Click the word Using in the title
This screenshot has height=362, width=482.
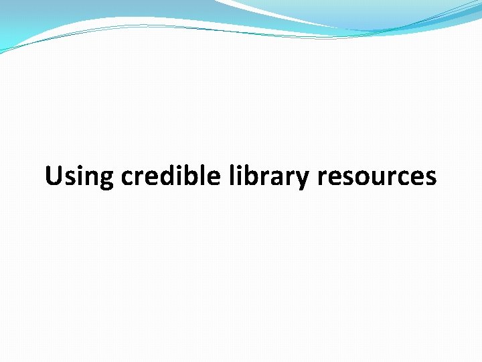(80, 177)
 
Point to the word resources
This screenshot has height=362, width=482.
(377, 177)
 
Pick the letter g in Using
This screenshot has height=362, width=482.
(107, 179)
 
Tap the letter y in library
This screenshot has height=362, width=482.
(305, 180)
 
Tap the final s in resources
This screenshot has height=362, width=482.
(430, 178)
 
